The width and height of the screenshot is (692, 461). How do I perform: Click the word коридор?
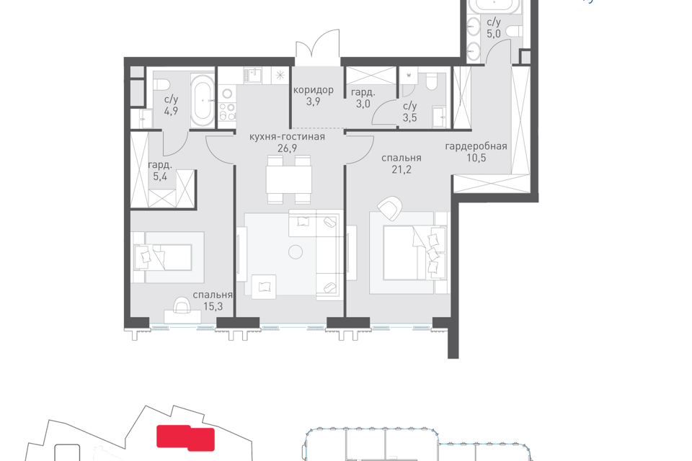314,90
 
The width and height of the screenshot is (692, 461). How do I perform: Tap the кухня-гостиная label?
287,137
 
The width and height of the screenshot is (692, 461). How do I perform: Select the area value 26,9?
287,148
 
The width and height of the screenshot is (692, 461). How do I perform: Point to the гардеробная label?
476,146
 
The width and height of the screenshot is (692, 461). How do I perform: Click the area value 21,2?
402,169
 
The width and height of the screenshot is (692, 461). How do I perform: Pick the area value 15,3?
213,307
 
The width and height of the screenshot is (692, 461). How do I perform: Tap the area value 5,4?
160,177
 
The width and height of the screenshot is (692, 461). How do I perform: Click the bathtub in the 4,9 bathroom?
203,101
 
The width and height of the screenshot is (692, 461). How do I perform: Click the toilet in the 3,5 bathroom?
431,82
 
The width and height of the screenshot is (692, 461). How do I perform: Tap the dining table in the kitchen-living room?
288,179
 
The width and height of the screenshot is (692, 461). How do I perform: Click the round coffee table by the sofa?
296,252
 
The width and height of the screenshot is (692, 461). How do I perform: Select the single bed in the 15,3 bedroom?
163,257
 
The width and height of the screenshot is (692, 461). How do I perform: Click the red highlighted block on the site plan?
186,438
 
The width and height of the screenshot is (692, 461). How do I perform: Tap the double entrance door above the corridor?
318,44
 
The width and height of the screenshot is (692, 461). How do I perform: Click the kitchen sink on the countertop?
252,75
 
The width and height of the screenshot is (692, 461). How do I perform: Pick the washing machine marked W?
409,75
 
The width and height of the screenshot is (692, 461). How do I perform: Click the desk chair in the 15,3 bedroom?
182,304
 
